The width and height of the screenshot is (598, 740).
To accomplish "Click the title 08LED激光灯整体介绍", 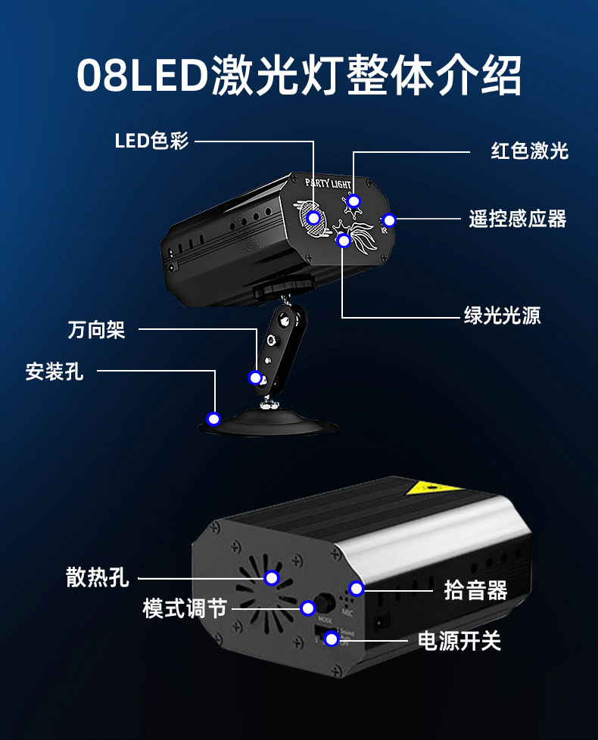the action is click(299, 76).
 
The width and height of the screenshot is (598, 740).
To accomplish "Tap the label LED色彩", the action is click(151, 141).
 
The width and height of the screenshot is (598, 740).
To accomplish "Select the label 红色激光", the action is click(529, 151).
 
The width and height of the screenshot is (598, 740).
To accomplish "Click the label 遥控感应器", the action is click(518, 219).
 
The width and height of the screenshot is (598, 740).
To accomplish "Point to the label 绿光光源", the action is click(503, 316).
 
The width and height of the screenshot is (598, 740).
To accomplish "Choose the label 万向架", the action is click(96, 330).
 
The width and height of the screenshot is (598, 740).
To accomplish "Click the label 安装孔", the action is click(55, 372).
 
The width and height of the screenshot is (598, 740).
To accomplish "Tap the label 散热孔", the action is click(98, 579).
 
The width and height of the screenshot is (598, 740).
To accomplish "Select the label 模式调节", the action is click(185, 608).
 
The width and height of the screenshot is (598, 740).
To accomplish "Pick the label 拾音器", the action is click(475, 590).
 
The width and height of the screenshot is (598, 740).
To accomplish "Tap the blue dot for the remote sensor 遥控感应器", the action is click(389, 221).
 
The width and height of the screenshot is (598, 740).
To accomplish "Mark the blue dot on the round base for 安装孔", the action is click(214, 418).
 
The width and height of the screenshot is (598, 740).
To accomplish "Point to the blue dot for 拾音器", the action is click(357, 589).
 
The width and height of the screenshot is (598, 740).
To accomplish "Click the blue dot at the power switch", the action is click(331, 640).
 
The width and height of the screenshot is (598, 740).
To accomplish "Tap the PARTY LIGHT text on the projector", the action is click(328, 183).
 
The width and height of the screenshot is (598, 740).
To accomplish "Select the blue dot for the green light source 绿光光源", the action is click(344, 241).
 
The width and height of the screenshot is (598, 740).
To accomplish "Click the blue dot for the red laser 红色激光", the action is click(353, 201).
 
